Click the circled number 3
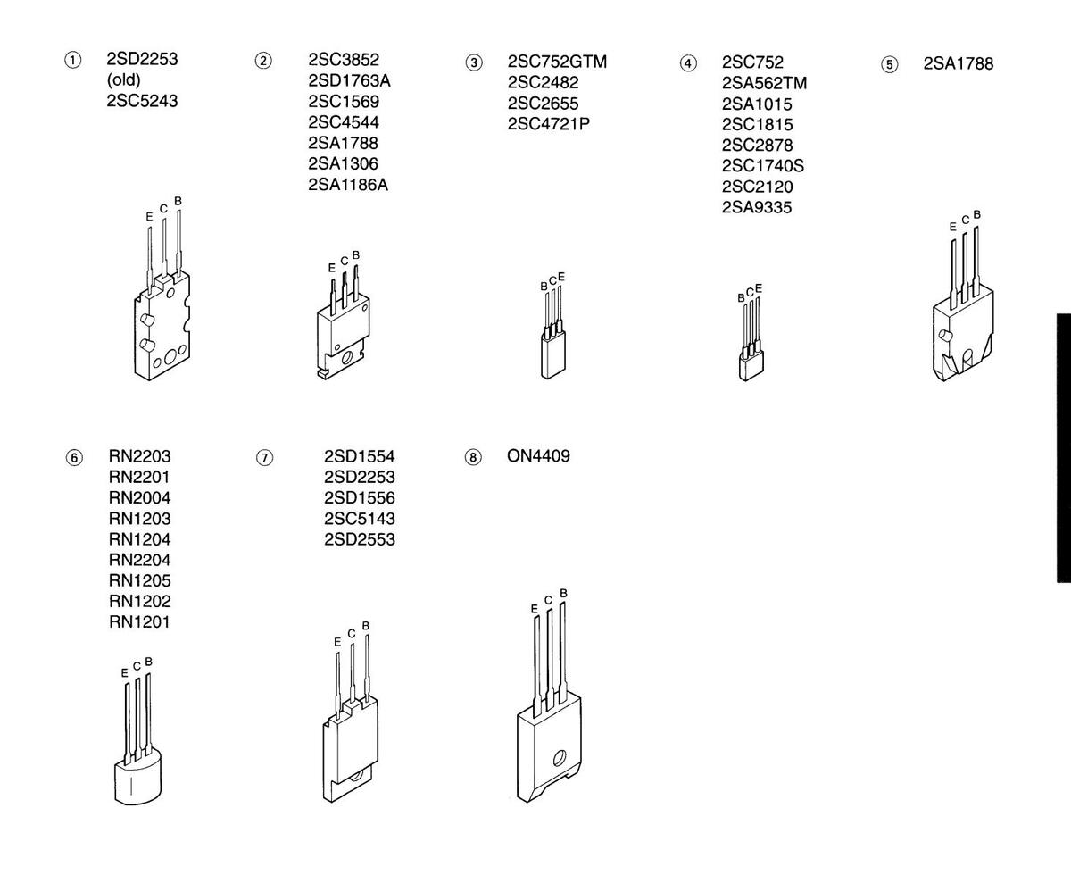[x=473, y=63]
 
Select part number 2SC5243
[x=142, y=101]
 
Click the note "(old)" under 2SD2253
[x=124, y=80]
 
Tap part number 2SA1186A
[x=348, y=185]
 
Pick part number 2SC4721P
[x=548, y=124]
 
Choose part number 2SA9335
[x=757, y=207]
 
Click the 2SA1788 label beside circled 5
[x=959, y=63]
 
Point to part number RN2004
[x=139, y=497]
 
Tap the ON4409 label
[x=538, y=455]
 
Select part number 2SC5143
[x=359, y=519]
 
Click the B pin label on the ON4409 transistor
[x=563, y=593]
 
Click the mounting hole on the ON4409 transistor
[x=560, y=757]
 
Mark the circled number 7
[x=264, y=457]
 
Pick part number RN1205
[x=139, y=580]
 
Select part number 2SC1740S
[x=763, y=166]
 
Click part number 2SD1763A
[x=349, y=80]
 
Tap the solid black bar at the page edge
[x=1064, y=447]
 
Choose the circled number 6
[x=74, y=457]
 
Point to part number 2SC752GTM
[x=557, y=62]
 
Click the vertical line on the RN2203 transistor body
[x=131, y=786]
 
